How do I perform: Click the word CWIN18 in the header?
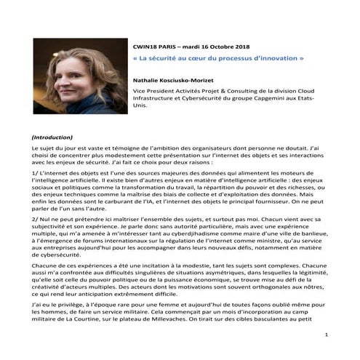[x=148, y=43]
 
